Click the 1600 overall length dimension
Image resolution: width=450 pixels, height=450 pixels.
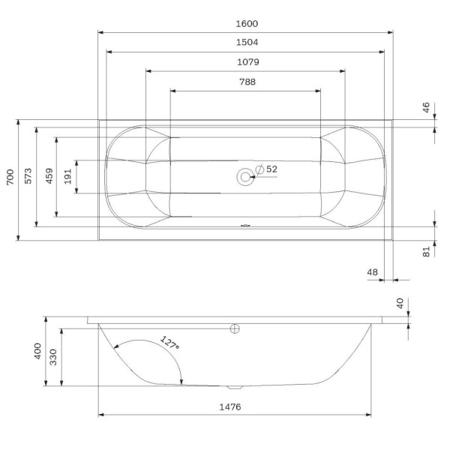click(x=246, y=23)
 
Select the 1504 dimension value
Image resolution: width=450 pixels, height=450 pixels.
click(x=246, y=43)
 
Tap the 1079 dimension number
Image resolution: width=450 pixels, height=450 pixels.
click(x=246, y=63)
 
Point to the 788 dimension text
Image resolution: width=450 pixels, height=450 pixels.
click(x=246, y=82)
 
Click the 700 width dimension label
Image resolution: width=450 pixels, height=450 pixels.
click(x=10, y=177)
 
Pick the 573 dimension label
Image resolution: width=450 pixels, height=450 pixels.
click(x=28, y=177)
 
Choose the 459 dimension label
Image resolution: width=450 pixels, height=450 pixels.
click(x=48, y=177)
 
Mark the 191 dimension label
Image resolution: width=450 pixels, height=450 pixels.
click(x=68, y=177)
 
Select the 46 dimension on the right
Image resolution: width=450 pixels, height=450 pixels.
click(x=426, y=109)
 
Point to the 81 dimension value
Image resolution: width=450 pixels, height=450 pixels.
click(x=426, y=252)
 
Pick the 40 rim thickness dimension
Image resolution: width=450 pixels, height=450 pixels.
click(x=400, y=303)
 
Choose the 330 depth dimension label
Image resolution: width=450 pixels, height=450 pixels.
click(x=53, y=357)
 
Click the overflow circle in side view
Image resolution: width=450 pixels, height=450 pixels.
click(x=234, y=328)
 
